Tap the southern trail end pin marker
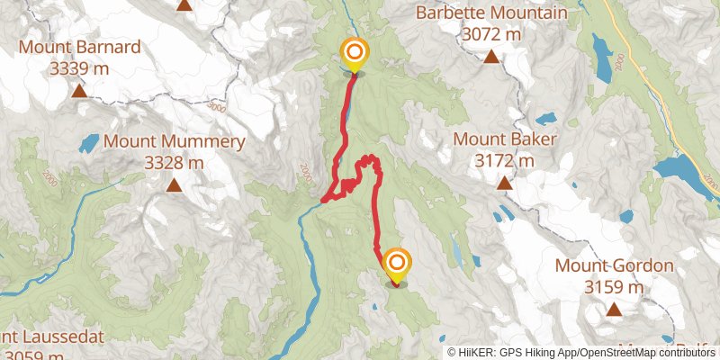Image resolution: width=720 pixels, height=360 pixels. (x=397, y=264)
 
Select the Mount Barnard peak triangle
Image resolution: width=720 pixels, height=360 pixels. (x=79, y=90)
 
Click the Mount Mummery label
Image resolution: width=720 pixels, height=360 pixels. (x=175, y=141)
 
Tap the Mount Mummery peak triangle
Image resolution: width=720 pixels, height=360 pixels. (x=175, y=185)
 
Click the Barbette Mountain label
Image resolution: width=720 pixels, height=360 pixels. (x=491, y=13)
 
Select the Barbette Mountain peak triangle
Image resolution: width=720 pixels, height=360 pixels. (x=491, y=58)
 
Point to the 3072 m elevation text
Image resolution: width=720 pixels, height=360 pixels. (x=491, y=34)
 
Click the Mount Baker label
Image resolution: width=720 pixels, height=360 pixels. (x=505, y=139)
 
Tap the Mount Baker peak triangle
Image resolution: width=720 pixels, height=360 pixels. (x=505, y=184)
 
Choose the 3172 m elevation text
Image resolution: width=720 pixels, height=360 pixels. (x=505, y=160)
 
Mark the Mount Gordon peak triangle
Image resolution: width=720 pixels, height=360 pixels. (x=615, y=310)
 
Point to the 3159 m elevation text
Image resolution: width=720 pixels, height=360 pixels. (x=615, y=287)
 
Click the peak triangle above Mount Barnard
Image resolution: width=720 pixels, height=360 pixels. (x=184, y=4)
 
